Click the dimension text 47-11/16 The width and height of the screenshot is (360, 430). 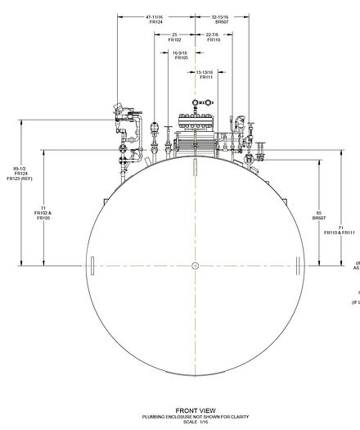click(x=155, y=16)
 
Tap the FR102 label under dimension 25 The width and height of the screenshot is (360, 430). click(x=174, y=40)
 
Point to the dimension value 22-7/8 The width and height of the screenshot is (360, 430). click(x=213, y=34)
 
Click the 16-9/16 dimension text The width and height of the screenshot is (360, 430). click(x=181, y=52)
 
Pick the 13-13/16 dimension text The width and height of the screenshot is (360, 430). click(x=205, y=71)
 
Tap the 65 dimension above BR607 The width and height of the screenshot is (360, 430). click(x=318, y=213)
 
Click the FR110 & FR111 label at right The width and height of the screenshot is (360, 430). click(x=339, y=233)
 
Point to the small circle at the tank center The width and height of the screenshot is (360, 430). click(x=195, y=265)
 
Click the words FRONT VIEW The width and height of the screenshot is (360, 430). click(x=195, y=410)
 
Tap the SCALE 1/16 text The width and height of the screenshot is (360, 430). click(x=195, y=422)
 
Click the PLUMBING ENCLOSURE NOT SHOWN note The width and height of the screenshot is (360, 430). click(x=195, y=417)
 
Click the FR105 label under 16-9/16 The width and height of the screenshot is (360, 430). click(x=181, y=58)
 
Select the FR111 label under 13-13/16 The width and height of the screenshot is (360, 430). click(x=205, y=77)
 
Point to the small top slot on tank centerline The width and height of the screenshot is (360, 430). click(x=195, y=167)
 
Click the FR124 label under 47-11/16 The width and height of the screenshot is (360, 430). click(x=155, y=22)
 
